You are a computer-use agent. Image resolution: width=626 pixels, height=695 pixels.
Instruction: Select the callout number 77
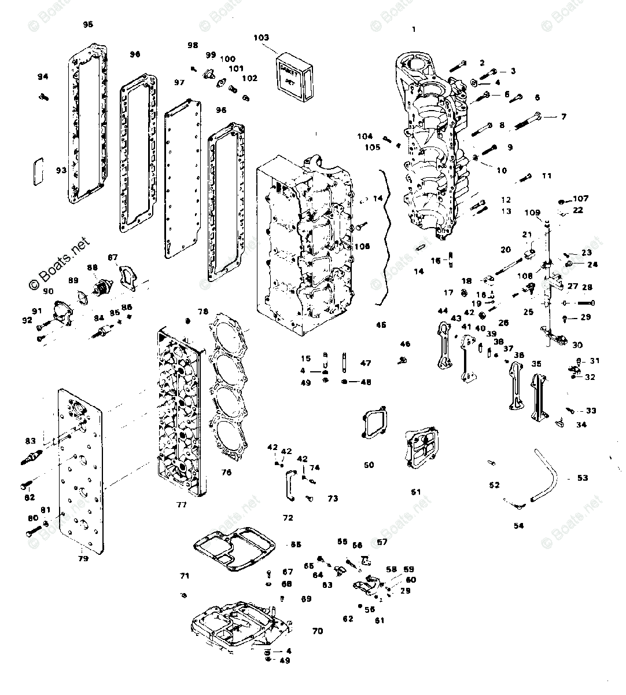tap(182, 504)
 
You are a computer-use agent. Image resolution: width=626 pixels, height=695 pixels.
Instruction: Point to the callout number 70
tap(318, 631)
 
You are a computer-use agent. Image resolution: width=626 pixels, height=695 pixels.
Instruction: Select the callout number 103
tap(262, 38)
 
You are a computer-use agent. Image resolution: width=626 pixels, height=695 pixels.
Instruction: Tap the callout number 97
tap(179, 83)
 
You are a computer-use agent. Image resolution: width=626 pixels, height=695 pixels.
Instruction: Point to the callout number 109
tap(533, 213)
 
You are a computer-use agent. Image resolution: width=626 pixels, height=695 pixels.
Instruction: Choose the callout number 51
tap(415, 492)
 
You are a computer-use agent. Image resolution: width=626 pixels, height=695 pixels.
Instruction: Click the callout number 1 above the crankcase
tap(414, 29)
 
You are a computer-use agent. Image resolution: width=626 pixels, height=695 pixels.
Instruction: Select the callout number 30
tap(577, 345)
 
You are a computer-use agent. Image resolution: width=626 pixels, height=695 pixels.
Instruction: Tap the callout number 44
tap(443, 311)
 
